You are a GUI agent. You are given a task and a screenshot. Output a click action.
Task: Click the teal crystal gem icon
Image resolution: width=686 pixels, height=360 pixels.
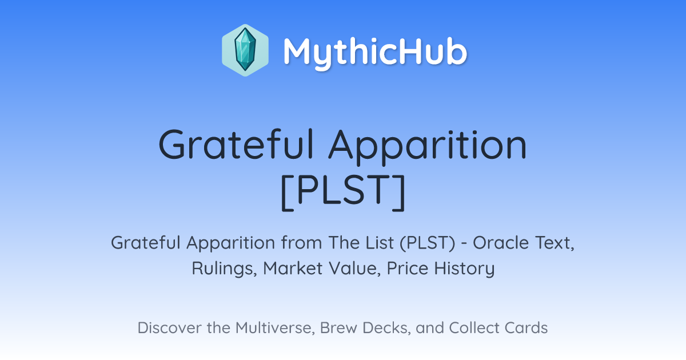[x=245, y=50]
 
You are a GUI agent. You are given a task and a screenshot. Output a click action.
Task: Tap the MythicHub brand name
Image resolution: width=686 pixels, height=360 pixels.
[x=375, y=52]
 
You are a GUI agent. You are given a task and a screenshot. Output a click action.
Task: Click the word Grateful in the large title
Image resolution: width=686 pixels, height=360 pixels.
[x=236, y=144]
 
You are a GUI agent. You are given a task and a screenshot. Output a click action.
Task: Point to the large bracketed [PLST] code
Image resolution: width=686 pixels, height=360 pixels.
[x=343, y=192]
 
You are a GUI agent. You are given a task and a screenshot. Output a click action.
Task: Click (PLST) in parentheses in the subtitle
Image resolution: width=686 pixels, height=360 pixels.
[x=427, y=243]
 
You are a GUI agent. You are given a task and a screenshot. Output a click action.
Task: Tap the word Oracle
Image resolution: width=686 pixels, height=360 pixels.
[x=501, y=243]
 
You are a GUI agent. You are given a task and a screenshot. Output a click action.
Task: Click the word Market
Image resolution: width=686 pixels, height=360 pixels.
[x=293, y=268]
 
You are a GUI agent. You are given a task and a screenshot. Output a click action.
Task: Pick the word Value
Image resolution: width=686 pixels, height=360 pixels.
[x=355, y=268]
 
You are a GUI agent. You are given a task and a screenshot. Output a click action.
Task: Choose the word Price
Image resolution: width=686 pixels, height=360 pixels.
[x=408, y=268]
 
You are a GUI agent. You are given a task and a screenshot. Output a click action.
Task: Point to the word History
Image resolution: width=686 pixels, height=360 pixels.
[x=465, y=269]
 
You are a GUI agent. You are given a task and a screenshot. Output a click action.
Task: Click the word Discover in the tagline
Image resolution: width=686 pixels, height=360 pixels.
[x=169, y=328]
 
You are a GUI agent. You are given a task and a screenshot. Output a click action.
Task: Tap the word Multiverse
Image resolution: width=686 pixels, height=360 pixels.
[x=275, y=328]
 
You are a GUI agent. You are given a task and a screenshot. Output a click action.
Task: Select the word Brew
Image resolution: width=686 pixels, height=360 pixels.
[x=338, y=328]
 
